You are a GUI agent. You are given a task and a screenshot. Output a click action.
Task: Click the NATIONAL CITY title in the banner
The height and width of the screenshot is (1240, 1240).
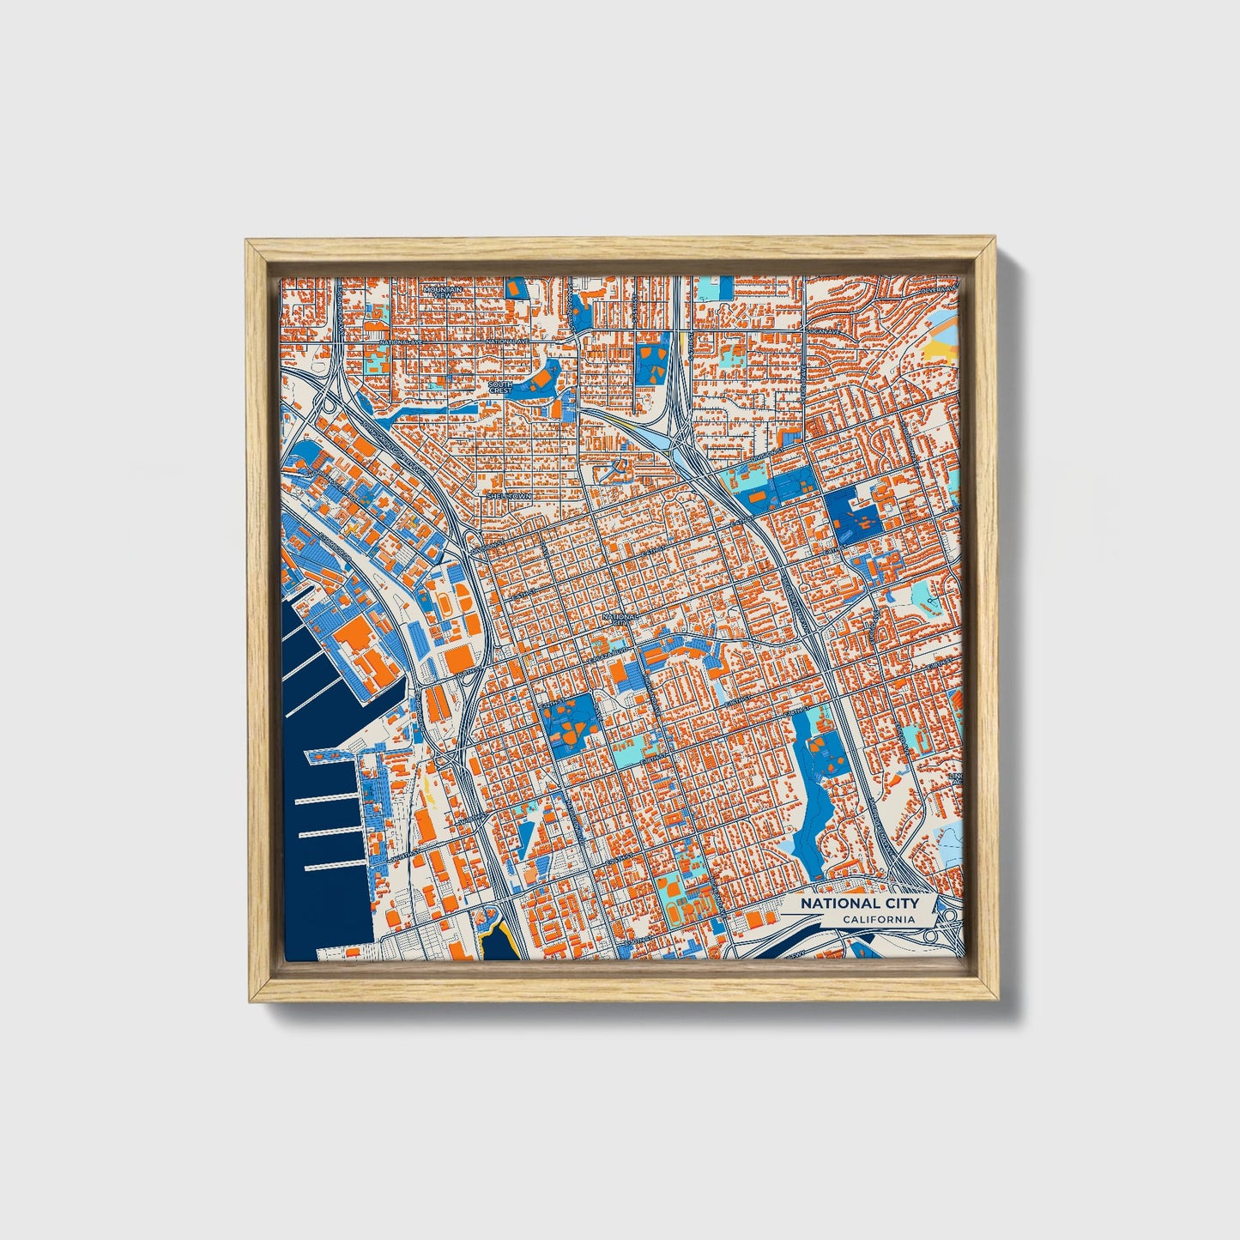pyautogui.click(x=859, y=903)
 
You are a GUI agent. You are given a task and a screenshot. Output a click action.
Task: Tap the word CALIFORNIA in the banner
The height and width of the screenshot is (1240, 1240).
pyautogui.click(x=878, y=920)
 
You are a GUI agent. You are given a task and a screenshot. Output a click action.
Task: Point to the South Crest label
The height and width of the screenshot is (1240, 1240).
pyautogui.click(x=500, y=388)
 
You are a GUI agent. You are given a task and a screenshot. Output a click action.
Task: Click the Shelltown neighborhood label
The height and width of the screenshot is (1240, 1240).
pyautogui.click(x=510, y=496)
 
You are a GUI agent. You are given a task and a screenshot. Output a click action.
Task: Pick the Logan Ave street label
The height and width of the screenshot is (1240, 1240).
pyautogui.click(x=823, y=330)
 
